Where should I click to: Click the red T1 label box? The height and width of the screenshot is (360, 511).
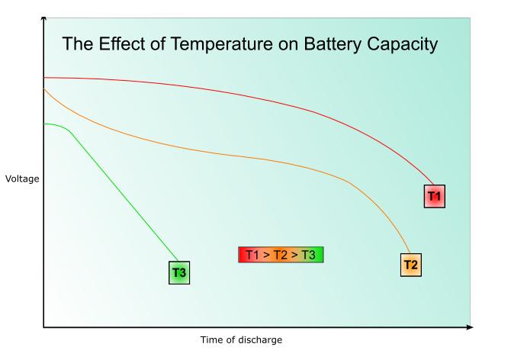pos(434,196)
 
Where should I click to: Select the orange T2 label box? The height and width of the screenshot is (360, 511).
pos(410,265)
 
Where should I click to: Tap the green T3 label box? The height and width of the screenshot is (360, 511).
pos(179,272)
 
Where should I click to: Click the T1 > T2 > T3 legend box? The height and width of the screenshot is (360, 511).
pos(281,255)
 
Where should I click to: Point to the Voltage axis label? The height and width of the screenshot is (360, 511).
pos(21,179)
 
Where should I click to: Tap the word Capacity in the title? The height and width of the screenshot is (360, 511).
pos(401,44)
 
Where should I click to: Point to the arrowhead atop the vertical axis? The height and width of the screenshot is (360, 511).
pos(43,16)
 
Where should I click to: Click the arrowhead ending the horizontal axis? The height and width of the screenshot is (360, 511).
pos(468,328)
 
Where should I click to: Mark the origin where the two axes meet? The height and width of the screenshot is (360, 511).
pos(43,328)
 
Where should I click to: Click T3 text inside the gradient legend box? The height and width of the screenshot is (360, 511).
pos(307,255)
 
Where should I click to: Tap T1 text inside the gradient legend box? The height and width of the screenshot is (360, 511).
pos(253,255)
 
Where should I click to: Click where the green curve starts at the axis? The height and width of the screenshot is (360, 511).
pos(45,124)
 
